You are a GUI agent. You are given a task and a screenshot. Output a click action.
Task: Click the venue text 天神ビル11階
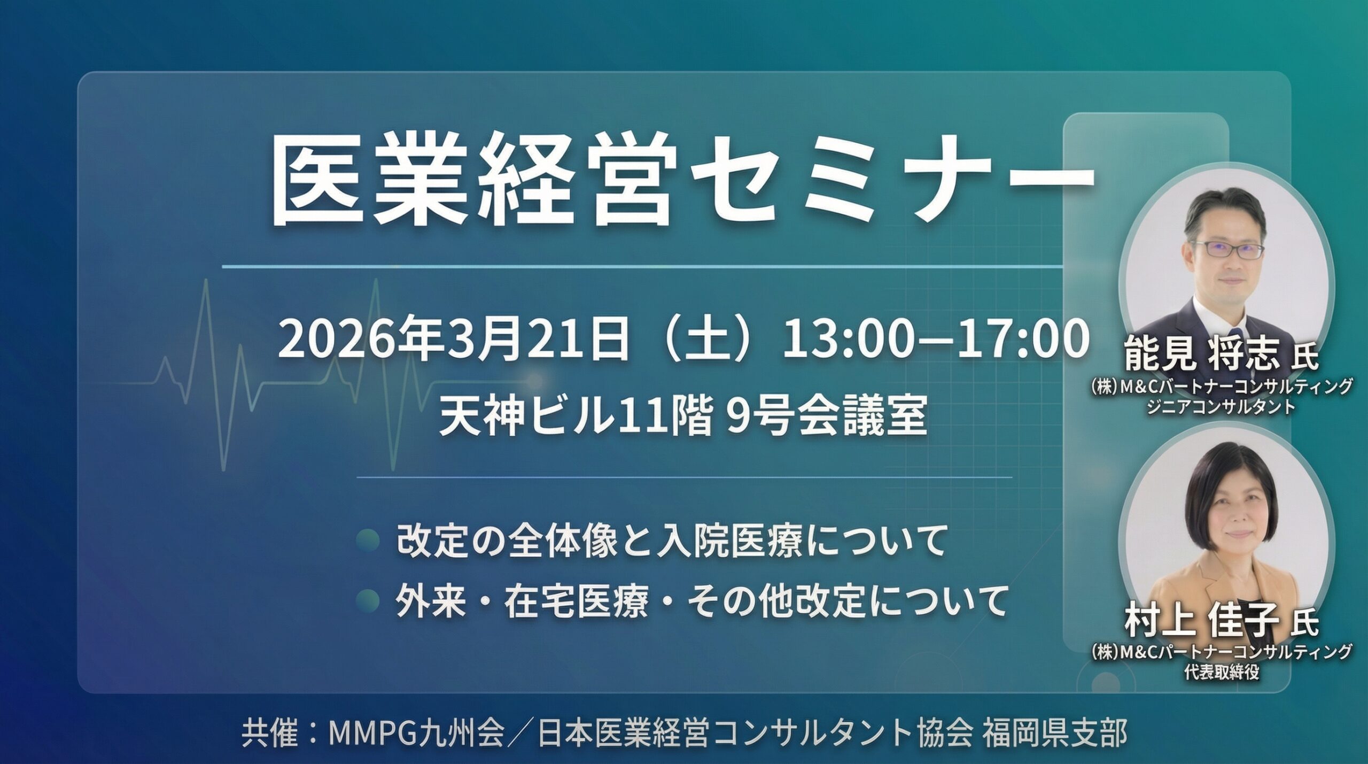[575, 418]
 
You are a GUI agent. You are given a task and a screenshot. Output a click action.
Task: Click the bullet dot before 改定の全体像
[368, 540]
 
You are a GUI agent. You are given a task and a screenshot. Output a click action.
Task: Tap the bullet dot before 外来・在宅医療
[368, 601]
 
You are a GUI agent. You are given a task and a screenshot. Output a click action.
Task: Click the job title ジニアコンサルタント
[1221, 407]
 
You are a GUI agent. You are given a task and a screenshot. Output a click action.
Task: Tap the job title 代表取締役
[1221, 672]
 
